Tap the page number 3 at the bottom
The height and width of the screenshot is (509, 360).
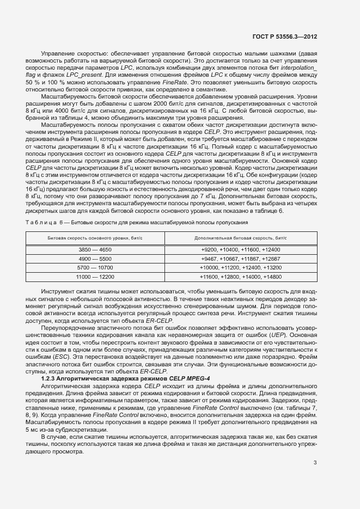click(x=315, y=463)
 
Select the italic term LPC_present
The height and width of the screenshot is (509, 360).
click(x=94, y=75)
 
